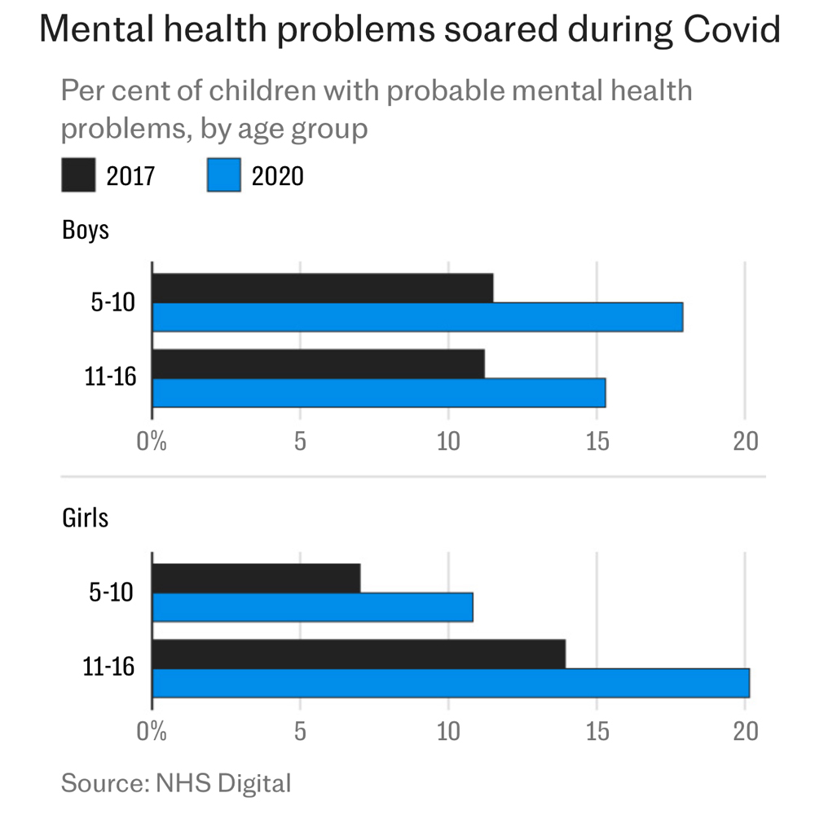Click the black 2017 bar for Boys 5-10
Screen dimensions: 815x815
pos(323,288)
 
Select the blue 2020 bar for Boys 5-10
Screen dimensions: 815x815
pos(417,317)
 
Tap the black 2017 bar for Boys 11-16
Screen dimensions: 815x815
pos(319,363)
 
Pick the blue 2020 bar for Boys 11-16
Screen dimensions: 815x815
pos(379,393)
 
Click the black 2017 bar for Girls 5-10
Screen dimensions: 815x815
pos(257,578)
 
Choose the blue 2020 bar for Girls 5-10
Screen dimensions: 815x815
pos(313,607)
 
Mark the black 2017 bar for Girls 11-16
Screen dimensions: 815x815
pos(359,654)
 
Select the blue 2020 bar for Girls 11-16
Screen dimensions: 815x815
pos(451,683)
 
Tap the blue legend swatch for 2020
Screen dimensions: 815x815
pos(223,175)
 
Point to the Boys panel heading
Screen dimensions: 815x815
pos(86,229)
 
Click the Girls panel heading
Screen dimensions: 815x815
pos(86,518)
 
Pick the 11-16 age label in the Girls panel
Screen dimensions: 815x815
pos(108,668)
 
